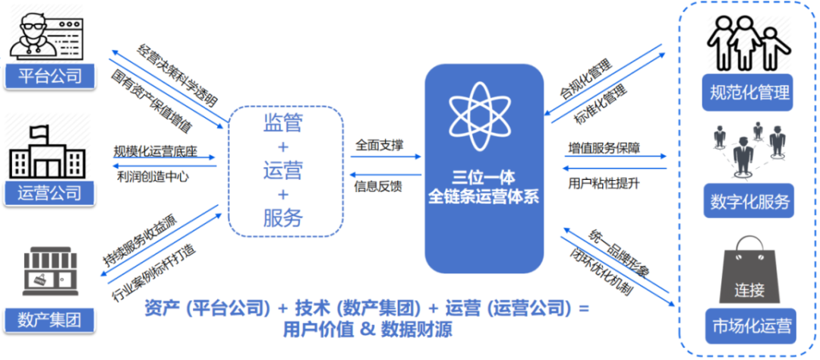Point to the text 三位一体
coord(484,178)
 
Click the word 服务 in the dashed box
coord(283,219)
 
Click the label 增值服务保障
coord(604,147)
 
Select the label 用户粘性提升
coord(604,183)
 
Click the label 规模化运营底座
coord(155,150)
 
